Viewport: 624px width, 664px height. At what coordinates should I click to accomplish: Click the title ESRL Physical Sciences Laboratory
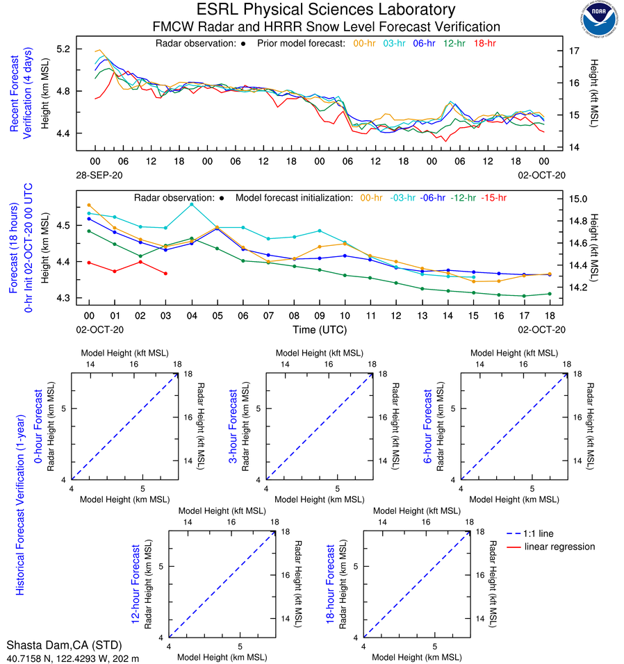[x=326, y=10]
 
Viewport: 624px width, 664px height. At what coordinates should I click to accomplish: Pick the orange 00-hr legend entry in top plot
[x=366, y=43]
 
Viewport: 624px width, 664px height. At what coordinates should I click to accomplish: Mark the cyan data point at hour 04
[x=192, y=204]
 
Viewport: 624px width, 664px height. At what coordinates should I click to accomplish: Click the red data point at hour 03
[x=165, y=274]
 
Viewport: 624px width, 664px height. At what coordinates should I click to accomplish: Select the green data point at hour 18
[x=550, y=294]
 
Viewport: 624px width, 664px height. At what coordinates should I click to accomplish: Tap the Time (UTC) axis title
[x=319, y=330]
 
